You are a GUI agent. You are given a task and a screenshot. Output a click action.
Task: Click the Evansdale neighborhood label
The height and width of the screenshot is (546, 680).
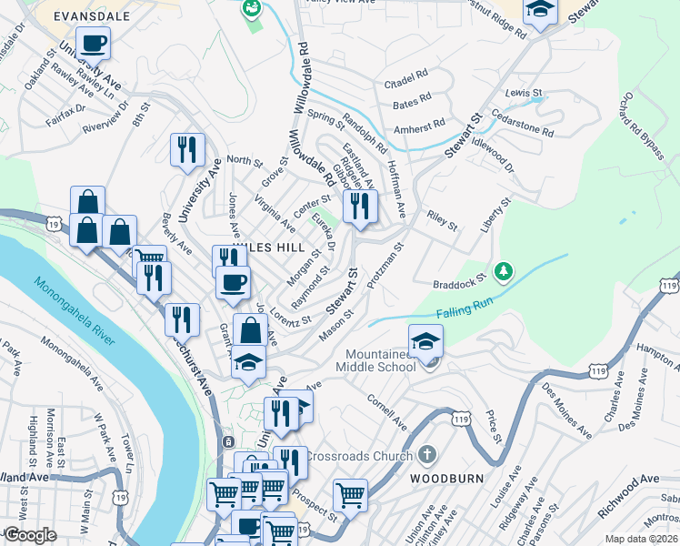coord(90,16)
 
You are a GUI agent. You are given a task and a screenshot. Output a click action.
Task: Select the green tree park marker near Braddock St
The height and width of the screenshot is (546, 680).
coord(503,271)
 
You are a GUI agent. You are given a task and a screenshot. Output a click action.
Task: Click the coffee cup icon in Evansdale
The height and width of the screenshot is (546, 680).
coord(93,42)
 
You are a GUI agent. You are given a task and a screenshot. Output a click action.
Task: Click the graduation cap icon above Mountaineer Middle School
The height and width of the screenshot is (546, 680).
coord(425,340)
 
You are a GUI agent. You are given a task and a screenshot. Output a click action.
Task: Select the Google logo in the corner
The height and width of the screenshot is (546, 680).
coord(29,535)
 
